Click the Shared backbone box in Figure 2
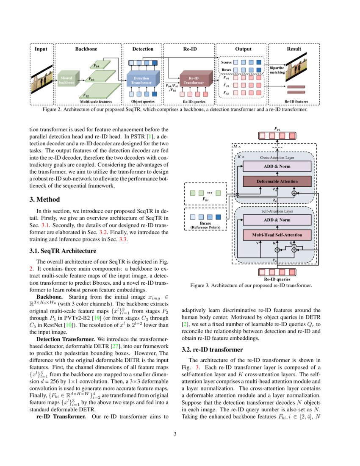[67, 80]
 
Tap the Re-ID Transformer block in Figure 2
[193, 80]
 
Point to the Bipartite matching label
[277, 70]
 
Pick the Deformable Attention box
[277, 181]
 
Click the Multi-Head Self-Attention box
[277, 235]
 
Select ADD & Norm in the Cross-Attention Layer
[277, 166]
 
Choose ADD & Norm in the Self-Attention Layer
[277, 220]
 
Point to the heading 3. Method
[44, 200]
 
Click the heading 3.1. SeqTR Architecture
[63, 251]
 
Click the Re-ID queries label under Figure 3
[277, 279]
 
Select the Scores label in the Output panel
[227, 62]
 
